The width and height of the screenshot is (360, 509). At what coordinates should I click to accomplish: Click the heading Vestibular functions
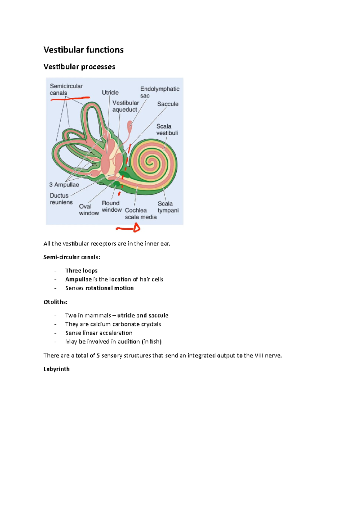pyautogui.click(x=83, y=50)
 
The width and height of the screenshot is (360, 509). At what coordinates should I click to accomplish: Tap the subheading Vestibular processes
pyautogui.click(x=79, y=67)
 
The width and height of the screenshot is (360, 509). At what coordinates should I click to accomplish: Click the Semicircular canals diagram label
pyautogui.click(x=66, y=89)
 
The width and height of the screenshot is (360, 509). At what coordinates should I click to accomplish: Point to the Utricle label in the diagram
pyautogui.click(x=110, y=93)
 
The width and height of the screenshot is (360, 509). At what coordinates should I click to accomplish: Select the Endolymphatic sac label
pyautogui.click(x=160, y=92)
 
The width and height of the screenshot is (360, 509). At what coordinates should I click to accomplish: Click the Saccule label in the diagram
pyautogui.click(x=168, y=104)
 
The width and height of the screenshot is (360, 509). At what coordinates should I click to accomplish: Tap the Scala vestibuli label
pyautogui.click(x=167, y=129)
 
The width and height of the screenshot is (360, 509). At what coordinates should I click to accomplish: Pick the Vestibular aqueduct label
pyautogui.click(x=125, y=106)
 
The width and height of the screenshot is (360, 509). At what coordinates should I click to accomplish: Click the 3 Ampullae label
pyautogui.click(x=64, y=185)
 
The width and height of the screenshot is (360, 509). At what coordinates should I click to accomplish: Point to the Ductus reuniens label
pyautogui.click(x=61, y=199)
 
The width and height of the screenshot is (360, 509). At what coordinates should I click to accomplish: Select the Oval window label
pyautogui.click(x=89, y=210)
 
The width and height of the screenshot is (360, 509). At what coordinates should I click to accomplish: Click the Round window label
pyautogui.click(x=112, y=206)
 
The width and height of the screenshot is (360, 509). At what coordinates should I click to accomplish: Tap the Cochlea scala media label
pyautogui.click(x=140, y=213)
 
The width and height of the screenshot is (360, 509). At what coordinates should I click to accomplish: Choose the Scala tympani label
pyautogui.click(x=168, y=207)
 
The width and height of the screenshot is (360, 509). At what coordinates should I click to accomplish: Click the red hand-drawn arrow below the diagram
pyautogui.click(x=128, y=229)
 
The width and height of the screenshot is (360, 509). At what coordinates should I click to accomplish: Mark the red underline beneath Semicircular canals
pyautogui.click(x=70, y=98)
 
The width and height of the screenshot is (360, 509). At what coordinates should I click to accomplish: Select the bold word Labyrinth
pyautogui.click(x=56, y=369)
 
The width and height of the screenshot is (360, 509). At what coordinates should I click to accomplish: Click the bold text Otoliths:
pyautogui.click(x=55, y=302)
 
